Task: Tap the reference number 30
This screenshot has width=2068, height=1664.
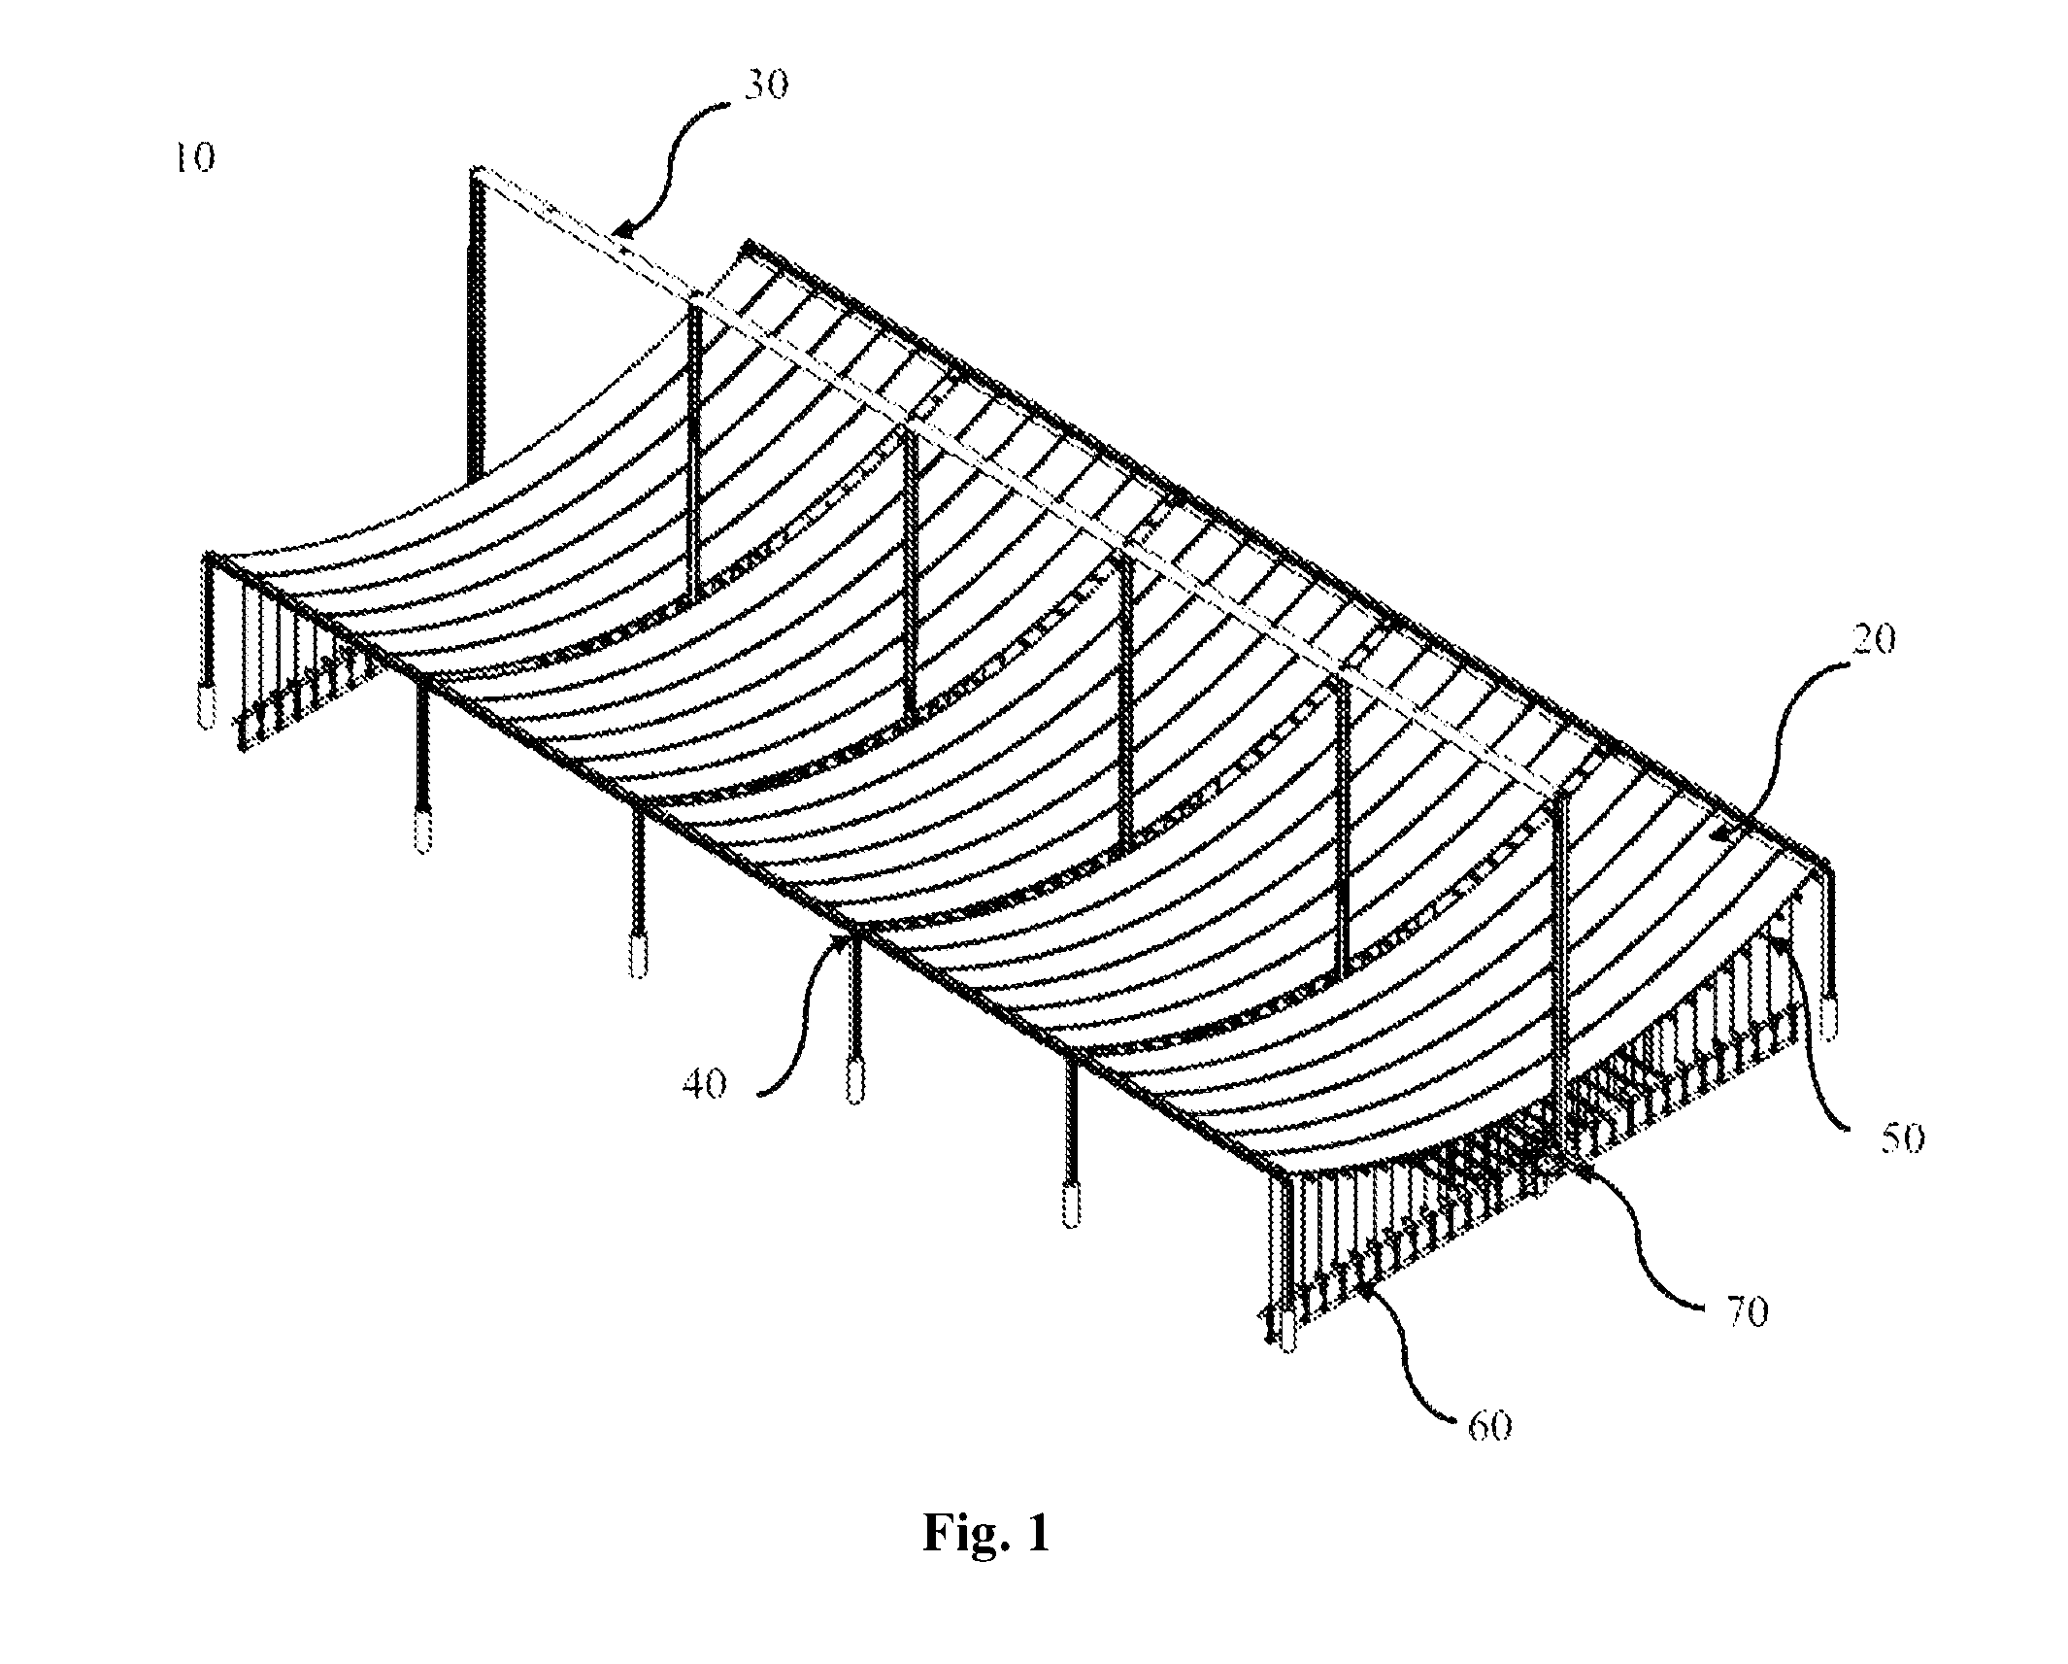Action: [x=766, y=85]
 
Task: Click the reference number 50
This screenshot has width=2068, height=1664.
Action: [x=1900, y=1138]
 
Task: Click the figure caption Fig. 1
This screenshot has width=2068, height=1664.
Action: [x=986, y=1535]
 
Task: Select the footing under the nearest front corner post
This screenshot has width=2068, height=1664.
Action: [x=1289, y=1331]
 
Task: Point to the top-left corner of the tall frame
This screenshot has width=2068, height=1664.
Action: [x=475, y=170]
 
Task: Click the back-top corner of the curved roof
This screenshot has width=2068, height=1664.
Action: [x=748, y=243]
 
